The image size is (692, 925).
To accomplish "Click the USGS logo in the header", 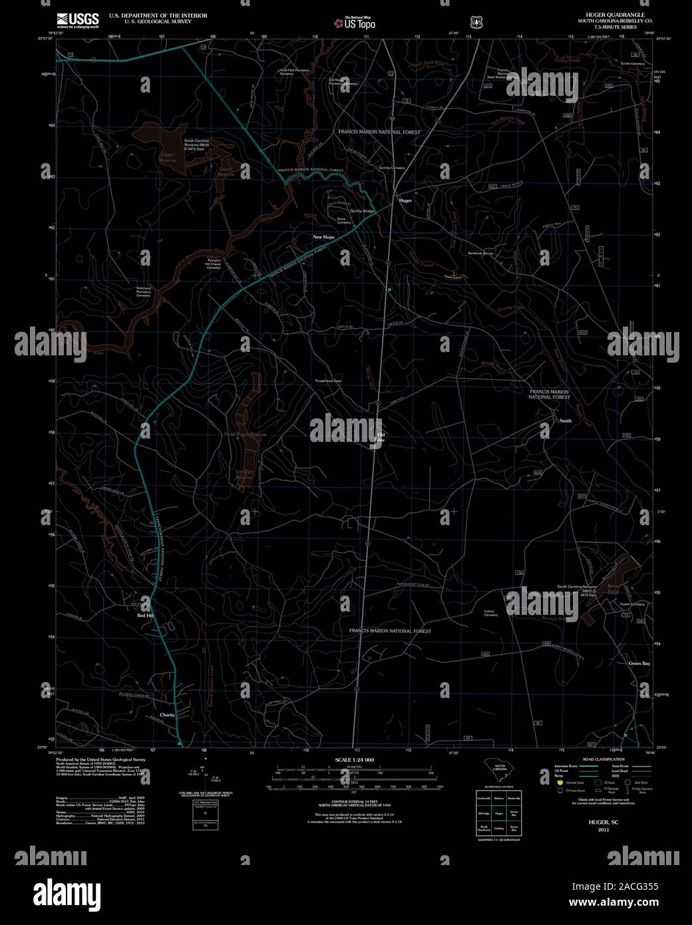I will (77, 19).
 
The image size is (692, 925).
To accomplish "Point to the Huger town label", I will (405, 200).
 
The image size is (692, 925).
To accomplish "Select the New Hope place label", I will (324, 237).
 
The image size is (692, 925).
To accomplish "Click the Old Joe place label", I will (381, 437).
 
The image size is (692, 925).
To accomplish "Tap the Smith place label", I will (566, 421).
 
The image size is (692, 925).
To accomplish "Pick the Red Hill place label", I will (146, 616).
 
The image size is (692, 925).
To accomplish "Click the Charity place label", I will (166, 715).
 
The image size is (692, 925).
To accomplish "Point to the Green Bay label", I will (639, 663).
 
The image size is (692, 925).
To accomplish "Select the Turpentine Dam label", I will (328, 381).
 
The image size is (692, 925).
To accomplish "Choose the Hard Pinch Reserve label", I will (245, 434).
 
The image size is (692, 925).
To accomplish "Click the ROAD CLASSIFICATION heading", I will (603, 759).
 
